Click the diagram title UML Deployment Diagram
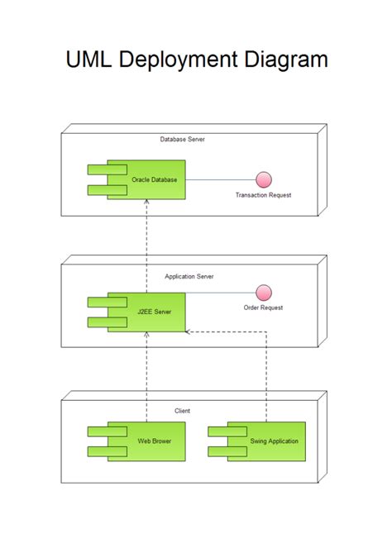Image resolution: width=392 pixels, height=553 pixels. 196,60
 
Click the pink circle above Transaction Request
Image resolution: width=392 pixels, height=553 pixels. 264,179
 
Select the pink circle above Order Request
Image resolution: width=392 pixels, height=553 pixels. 264,292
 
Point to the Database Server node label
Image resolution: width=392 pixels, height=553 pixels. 182,140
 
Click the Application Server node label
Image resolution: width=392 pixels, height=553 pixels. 189,276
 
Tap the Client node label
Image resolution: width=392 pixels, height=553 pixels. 183,410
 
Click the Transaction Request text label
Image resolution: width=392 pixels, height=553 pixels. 264,195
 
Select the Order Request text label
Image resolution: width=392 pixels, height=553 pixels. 264,307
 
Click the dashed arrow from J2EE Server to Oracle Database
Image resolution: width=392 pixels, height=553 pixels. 146,236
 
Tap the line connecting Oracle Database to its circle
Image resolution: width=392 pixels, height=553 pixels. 219,179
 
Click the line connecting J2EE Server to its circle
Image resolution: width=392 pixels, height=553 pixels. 219,292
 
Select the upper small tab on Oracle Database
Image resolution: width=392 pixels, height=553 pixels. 107,170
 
